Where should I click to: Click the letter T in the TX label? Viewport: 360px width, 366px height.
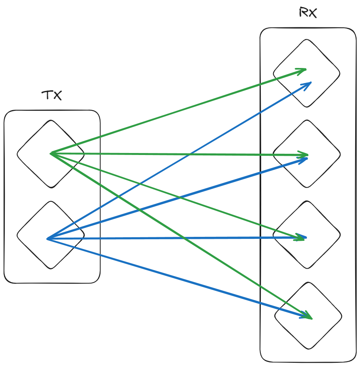(47, 96)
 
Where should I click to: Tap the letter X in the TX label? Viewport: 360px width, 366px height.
(57, 96)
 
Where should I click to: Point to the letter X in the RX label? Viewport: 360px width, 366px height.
(313, 13)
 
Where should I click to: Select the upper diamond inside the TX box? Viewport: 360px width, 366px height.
(50, 153)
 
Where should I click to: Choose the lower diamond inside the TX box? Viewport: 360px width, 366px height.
(50, 234)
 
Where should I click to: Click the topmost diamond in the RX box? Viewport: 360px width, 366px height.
(306, 73)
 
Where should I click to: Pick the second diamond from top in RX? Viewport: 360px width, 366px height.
(306, 154)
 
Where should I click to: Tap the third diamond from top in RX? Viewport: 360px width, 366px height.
(306, 234)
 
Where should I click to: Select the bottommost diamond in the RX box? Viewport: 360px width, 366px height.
(308, 315)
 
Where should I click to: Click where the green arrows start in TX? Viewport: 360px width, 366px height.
(51, 153)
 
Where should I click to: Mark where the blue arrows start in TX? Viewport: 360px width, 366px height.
(48, 239)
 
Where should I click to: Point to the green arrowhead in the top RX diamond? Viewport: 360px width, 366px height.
(304, 70)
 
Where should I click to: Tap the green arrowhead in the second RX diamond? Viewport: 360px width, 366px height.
(306, 155)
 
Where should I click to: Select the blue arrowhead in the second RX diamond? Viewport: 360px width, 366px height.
(306, 159)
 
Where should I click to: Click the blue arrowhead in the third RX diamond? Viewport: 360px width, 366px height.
(304, 238)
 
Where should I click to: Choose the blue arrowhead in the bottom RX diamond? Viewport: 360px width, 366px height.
(307, 317)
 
